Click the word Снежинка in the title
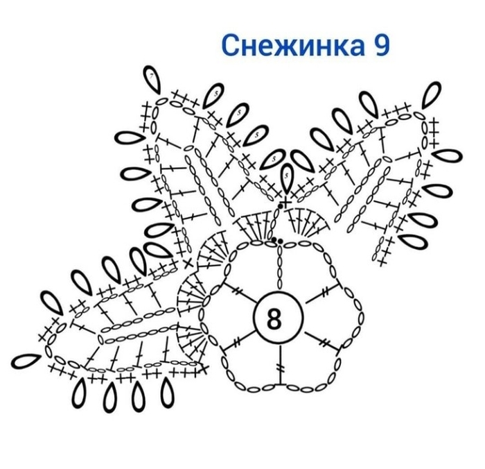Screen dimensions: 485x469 [293, 45]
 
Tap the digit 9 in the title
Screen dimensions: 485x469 [382, 45]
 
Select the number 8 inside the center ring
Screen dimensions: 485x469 [274, 319]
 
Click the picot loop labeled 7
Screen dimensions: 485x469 [152, 79]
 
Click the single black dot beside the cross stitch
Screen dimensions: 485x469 [281, 205]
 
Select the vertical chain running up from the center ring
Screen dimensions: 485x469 [280, 266]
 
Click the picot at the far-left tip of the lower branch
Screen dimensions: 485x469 [26, 361]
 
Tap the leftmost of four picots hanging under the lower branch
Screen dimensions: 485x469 [79, 393]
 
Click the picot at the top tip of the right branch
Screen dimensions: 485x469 [432, 95]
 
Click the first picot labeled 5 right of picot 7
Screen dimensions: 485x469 [213, 96]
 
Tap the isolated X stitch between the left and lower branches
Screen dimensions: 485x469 [188, 264]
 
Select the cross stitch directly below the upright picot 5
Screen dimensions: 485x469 [285, 203]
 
